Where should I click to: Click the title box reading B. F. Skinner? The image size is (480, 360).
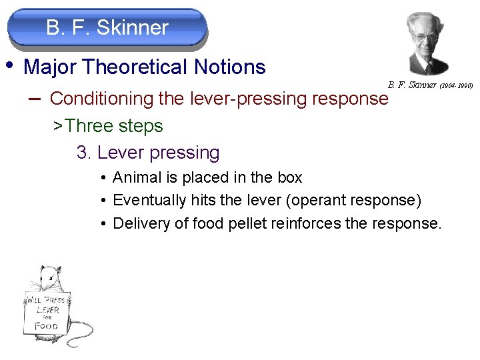[107, 28]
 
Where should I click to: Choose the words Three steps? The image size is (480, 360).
[114, 125]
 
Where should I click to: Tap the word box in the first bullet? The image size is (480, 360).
[289, 178]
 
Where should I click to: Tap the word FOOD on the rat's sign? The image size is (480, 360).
[47, 326]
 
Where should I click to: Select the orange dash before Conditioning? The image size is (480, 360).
[35, 98]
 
